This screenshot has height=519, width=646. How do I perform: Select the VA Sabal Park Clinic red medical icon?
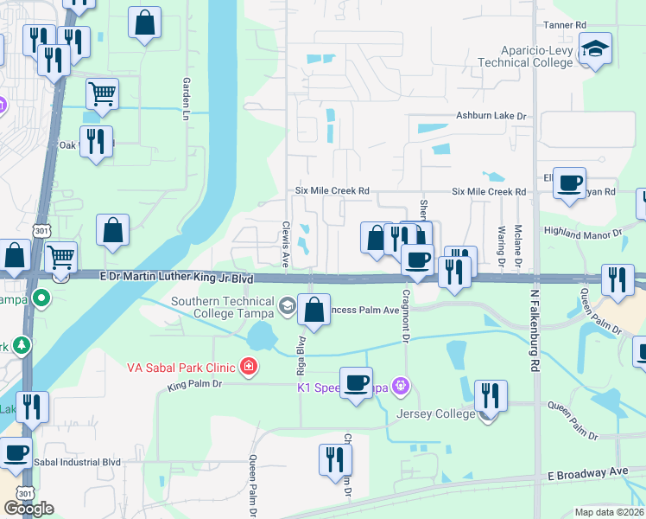pos(249,367)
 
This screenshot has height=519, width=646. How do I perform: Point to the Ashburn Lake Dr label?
pos(491,116)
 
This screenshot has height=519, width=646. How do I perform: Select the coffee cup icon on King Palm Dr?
pos(356,381)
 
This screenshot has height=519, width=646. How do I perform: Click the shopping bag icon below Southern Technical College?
pos(314,309)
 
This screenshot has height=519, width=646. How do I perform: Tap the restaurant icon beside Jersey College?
pos(491,395)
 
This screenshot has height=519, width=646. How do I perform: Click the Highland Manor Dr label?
pos(582,233)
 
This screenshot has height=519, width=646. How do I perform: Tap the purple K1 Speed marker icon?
pos(400,385)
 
